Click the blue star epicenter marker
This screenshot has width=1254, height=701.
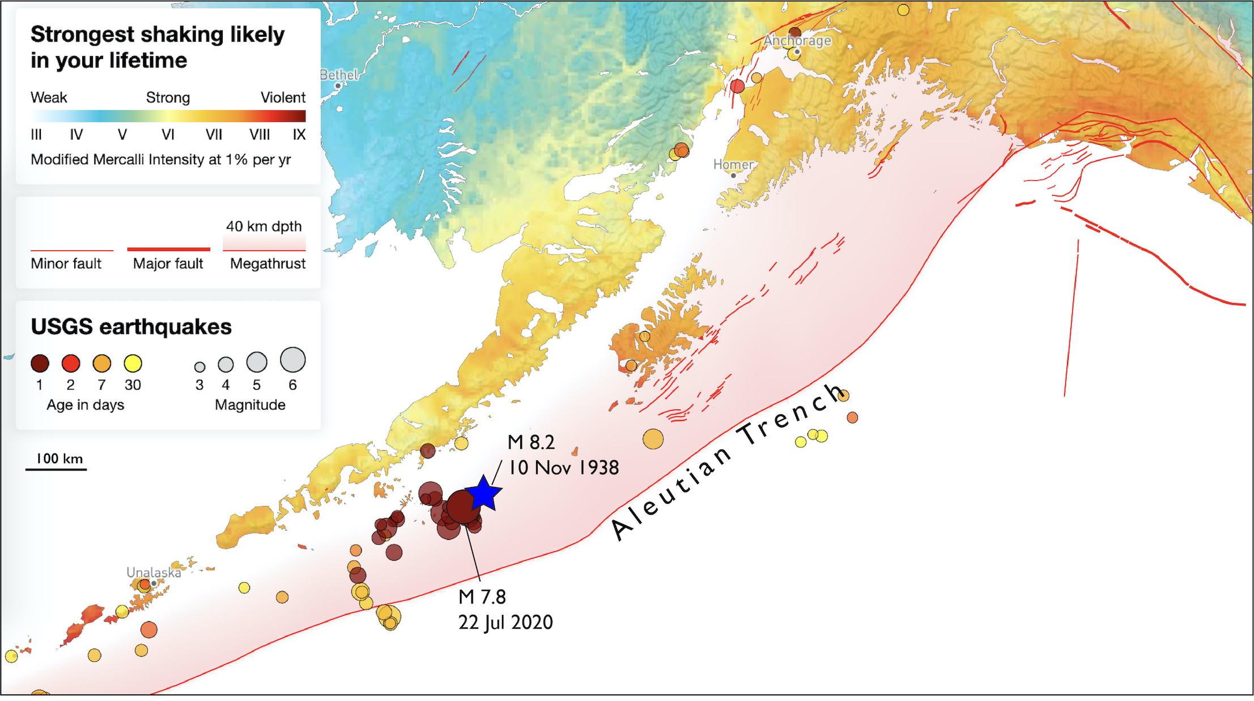click(483, 493)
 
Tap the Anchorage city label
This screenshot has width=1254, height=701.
click(797, 40)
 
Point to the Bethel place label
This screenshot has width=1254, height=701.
click(339, 75)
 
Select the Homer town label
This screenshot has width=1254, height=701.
click(733, 165)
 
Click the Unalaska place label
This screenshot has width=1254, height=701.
click(154, 572)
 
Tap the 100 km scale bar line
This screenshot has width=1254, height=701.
click(56, 469)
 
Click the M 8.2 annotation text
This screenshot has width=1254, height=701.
click(531, 442)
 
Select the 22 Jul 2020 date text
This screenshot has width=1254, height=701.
click(505, 622)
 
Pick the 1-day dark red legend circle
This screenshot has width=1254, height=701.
click(40, 364)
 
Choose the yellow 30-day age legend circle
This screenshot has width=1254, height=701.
click(133, 364)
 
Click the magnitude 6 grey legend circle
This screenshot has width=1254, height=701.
click(292, 360)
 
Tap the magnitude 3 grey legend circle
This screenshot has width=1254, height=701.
click(199, 367)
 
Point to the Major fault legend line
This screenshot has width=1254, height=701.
click(168, 249)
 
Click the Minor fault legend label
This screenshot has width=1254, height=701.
click(66, 263)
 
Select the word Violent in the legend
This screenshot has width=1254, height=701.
click(283, 97)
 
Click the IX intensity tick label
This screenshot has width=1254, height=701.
click(299, 135)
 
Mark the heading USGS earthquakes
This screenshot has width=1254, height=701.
click(131, 327)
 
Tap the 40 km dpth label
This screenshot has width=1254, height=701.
click(263, 226)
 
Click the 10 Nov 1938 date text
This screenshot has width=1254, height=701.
click(563, 468)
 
